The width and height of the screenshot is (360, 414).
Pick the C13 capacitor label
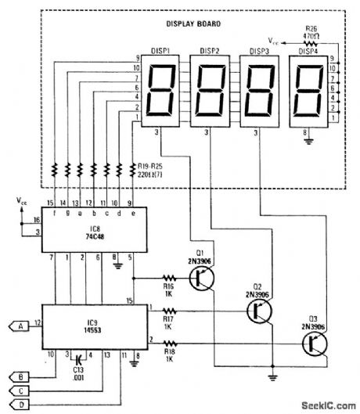[77, 374]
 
